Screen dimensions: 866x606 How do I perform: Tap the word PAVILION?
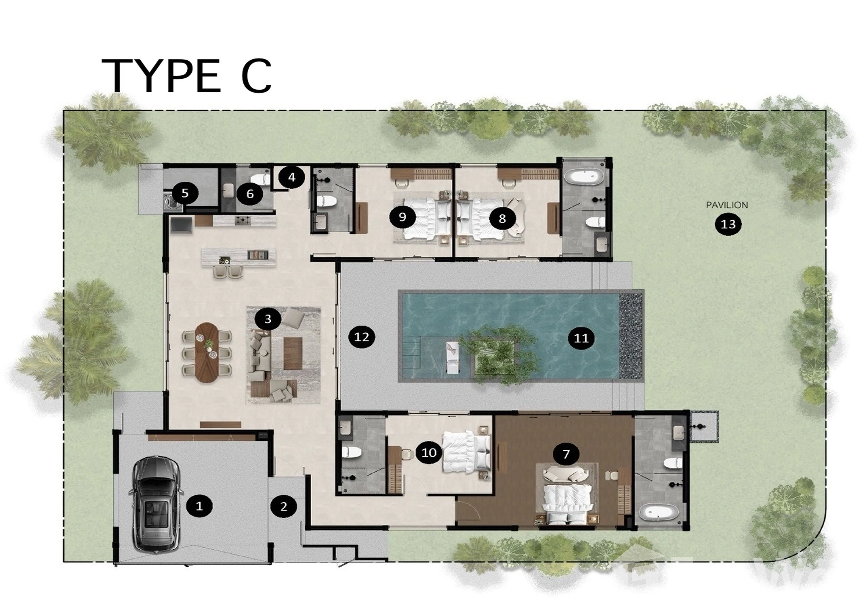tap(727, 205)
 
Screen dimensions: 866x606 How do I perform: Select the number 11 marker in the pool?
tap(581, 338)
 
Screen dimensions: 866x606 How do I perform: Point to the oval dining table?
tap(207, 352)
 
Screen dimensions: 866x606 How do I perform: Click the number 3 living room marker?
tap(268, 319)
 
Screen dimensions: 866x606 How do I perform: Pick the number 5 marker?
tap(185, 193)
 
